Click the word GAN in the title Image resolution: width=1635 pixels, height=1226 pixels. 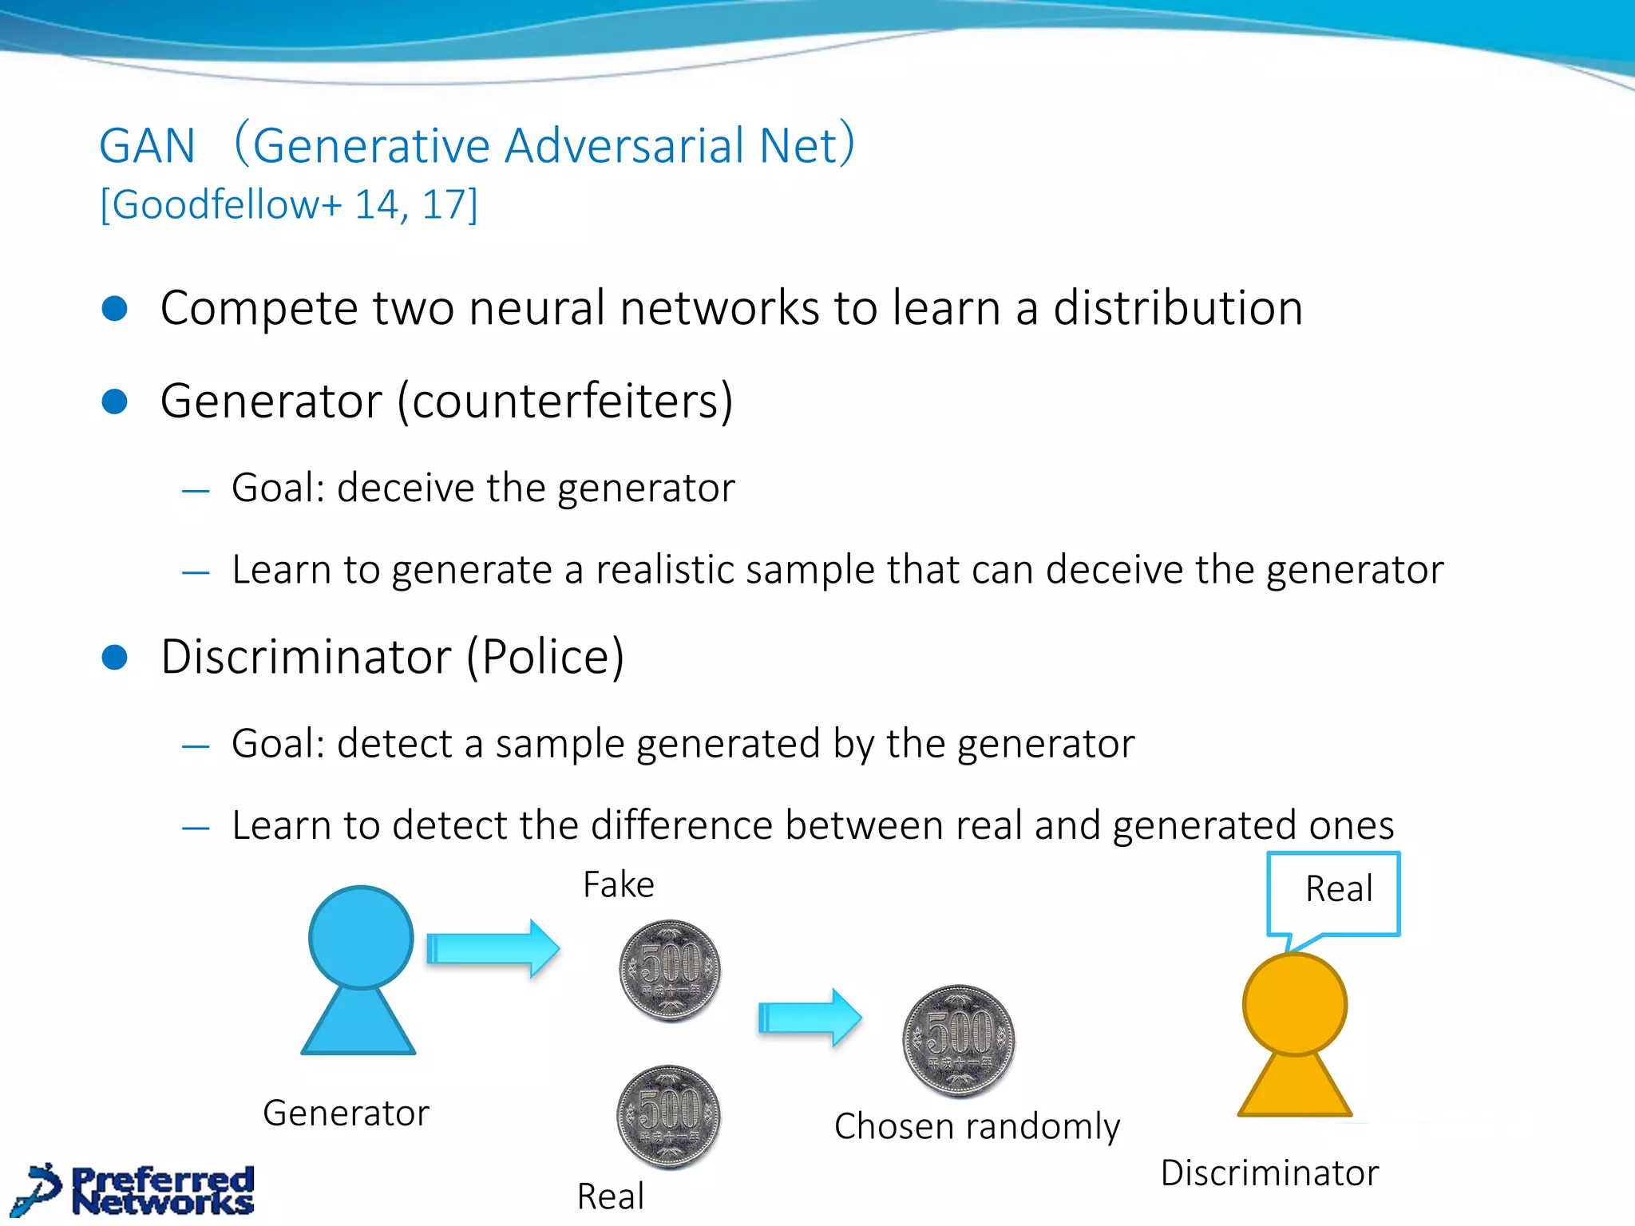tap(147, 146)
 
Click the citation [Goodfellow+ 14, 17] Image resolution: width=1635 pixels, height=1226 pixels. tap(288, 204)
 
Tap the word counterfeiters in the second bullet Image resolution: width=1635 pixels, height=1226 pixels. tap(564, 401)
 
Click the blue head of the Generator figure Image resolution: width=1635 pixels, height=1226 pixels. tap(361, 937)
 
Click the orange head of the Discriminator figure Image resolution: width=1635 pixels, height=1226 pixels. tap(1294, 1004)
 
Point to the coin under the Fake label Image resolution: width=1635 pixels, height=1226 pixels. tap(671, 970)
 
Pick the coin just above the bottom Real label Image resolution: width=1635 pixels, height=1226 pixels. tap(669, 1116)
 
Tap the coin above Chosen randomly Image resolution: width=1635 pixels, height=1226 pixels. tap(959, 1040)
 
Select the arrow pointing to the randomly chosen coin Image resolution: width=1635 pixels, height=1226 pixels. tap(809, 1017)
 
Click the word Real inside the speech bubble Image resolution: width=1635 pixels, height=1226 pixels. tap(1339, 888)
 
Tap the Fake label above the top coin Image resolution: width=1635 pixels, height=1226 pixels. tap(619, 884)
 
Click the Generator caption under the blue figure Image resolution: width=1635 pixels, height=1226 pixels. tap(346, 1113)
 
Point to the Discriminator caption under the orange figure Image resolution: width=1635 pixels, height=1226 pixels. tap(1269, 1173)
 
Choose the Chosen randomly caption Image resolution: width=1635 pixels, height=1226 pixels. tap(977, 1126)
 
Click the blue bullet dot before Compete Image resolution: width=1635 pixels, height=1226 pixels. tap(115, 309)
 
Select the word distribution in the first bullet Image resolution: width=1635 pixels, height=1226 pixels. tap(1178, 308)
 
